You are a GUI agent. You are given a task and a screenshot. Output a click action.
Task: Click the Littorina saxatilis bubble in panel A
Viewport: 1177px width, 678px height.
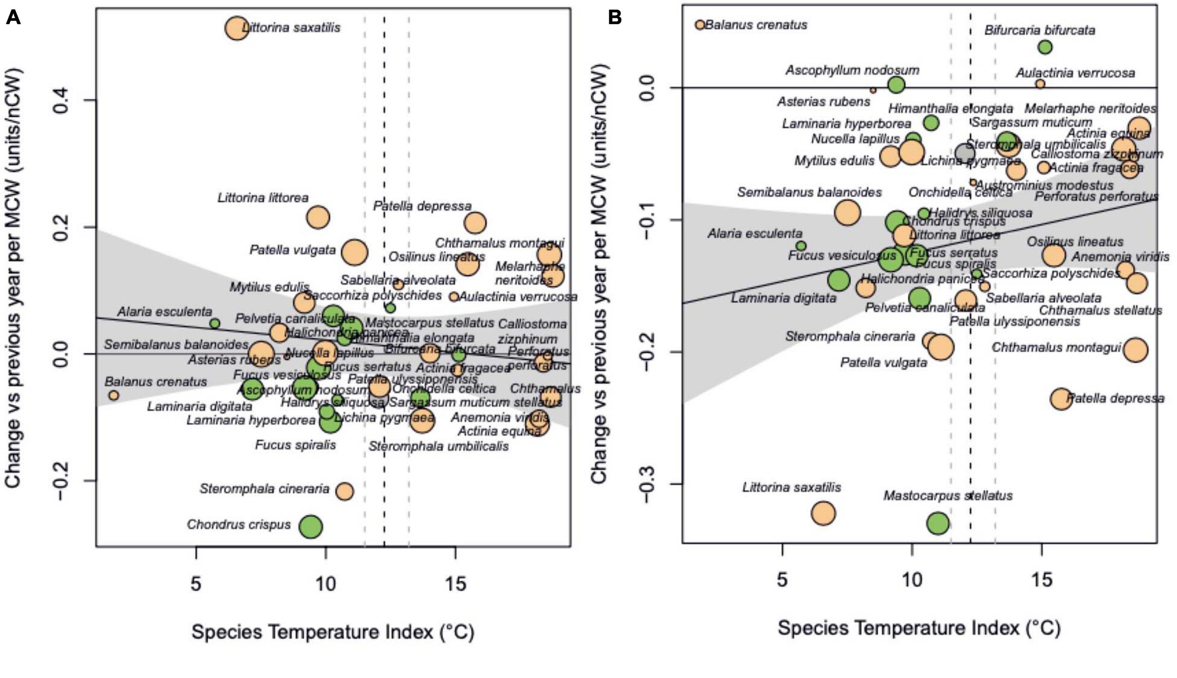coord(238,29)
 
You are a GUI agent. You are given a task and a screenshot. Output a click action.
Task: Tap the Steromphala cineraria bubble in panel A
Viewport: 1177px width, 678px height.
coord(345,492)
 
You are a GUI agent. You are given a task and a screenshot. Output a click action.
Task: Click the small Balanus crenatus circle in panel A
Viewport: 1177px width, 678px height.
coord(113,395)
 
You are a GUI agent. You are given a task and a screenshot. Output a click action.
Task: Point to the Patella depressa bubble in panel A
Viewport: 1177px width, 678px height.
coord(475,223)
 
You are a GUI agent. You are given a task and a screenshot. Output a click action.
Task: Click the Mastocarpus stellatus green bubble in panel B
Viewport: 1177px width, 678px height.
coord(938,523)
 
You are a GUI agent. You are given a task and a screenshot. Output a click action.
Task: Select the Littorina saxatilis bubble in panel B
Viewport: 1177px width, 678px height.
coord(823,513)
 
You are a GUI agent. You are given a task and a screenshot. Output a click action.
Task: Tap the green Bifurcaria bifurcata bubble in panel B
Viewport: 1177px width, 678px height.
coord(1045,47)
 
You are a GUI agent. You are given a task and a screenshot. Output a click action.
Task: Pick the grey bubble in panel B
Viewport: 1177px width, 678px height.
coord(965,152)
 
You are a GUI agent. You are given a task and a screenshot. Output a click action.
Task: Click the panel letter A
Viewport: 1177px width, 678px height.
coord(13,18)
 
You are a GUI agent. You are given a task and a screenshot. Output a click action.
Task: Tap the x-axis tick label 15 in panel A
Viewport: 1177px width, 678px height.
coord(455,584)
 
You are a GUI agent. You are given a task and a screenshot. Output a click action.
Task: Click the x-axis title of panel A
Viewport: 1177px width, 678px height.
coord(332,632)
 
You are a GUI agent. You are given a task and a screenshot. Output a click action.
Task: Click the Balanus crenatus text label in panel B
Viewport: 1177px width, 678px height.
coord(756,25)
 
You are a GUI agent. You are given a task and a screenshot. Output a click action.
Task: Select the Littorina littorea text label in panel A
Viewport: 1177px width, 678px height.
coord(263,198)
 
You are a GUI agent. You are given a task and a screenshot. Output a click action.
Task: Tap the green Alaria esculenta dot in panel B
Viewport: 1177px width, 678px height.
coord(801,246)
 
